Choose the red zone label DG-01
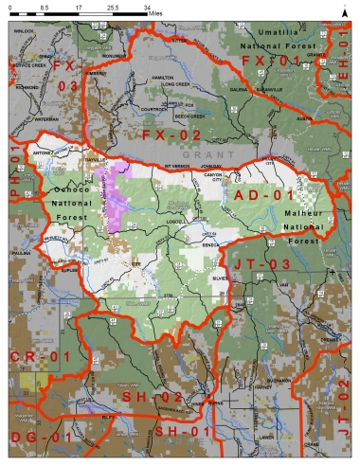[41, 437]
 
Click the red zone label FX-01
[271, 62]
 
